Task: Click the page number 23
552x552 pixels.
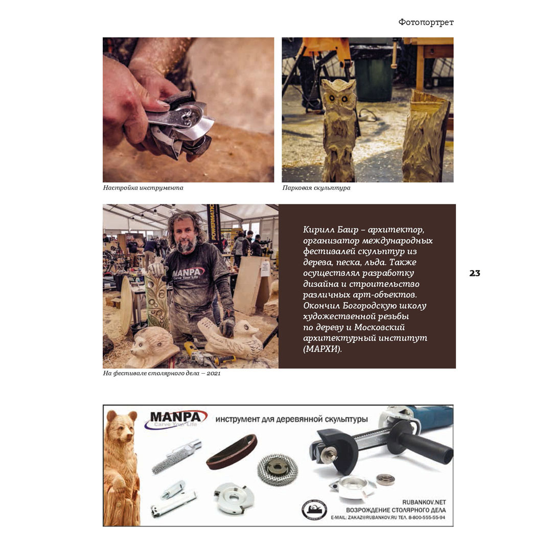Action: [474, 273]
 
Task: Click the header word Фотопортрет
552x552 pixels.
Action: [426, 22]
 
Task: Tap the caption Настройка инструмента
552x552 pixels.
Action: [143, 188]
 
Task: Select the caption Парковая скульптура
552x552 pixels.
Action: [316, 188]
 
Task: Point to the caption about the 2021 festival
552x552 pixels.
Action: [162, 373]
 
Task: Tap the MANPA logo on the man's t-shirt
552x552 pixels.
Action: [188, 273]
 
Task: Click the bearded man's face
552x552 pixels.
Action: [185, 236]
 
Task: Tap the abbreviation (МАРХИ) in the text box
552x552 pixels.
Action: [323, 349]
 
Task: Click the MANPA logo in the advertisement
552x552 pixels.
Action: [175, 419]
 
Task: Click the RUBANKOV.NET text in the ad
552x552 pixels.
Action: [424, 502]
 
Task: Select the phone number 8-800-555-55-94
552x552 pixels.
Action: [427, 517]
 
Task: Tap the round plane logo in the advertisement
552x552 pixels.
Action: [314, 510]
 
